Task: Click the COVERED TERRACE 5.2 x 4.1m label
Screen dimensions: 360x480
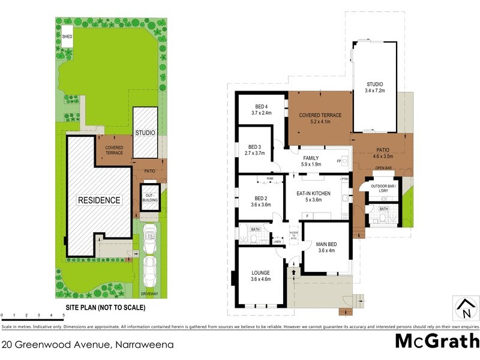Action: click(x=321, y=118)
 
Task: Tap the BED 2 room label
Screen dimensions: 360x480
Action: click(x=260, y=201)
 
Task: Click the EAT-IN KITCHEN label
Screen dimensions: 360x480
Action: click(x=314, y=196)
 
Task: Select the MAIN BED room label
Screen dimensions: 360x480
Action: click(x=326, y=247)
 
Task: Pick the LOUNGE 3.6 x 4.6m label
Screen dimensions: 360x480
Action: click(x=260, y=275)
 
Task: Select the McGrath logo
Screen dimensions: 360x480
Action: click(x=436, y=341)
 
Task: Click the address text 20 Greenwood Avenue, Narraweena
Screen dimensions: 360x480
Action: click(x=88, y=344)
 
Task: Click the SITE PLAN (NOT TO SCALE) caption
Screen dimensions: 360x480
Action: click(x=105, y=307)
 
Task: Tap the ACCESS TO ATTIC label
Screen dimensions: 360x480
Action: click(x=294, y=235)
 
